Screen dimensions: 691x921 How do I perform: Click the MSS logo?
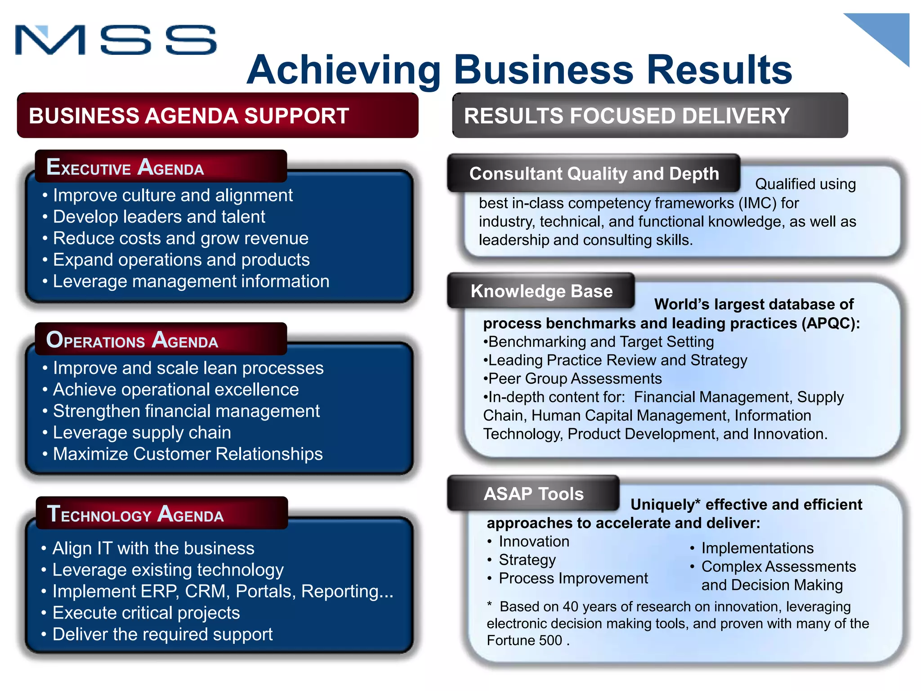point(116,40)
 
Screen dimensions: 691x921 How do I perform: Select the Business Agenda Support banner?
point(218,116)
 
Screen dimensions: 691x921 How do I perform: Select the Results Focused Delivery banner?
point(650,116)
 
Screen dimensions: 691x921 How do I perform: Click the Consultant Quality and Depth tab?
point(594,174)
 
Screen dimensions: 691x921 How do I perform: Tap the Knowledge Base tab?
point(541,291)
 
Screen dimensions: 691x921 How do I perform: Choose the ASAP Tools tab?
point(533,494)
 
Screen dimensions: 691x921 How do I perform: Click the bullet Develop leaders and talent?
point(159,217)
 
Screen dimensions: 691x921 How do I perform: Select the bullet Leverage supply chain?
point(142,433)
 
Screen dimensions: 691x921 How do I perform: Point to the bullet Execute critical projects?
point(146,613)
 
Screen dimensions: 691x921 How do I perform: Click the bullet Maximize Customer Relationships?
point(188,454)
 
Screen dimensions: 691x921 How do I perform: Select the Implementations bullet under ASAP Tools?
point(757,548)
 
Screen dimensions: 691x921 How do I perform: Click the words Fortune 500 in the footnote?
point(524,640)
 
